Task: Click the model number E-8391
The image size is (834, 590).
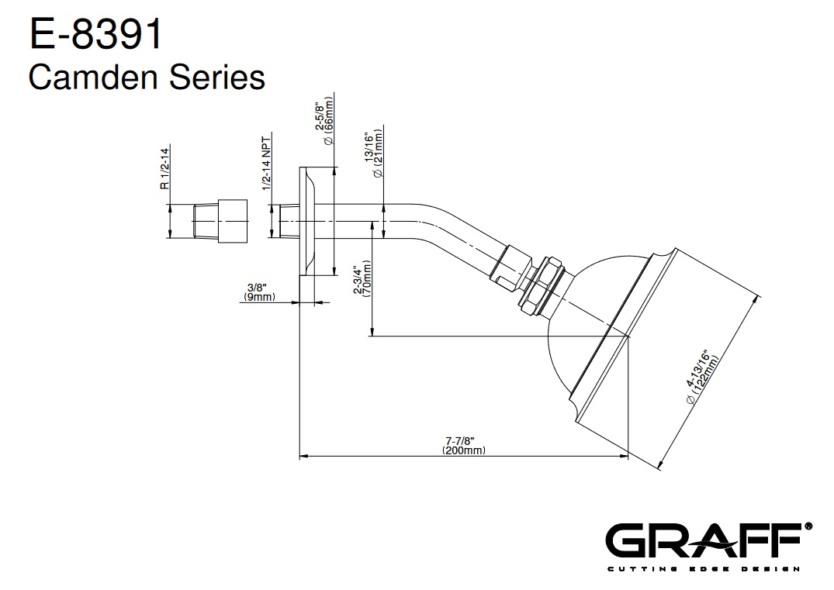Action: (95, 34)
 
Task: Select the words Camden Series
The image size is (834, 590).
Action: (147, 78)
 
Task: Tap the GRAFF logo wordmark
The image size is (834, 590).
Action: (703, 541)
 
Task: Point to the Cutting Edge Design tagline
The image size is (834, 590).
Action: (703, 570)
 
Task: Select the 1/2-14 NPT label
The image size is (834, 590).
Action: (266, 163)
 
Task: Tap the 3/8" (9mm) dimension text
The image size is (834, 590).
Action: (258, 292)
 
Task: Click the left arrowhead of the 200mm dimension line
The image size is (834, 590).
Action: (303, 457)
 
